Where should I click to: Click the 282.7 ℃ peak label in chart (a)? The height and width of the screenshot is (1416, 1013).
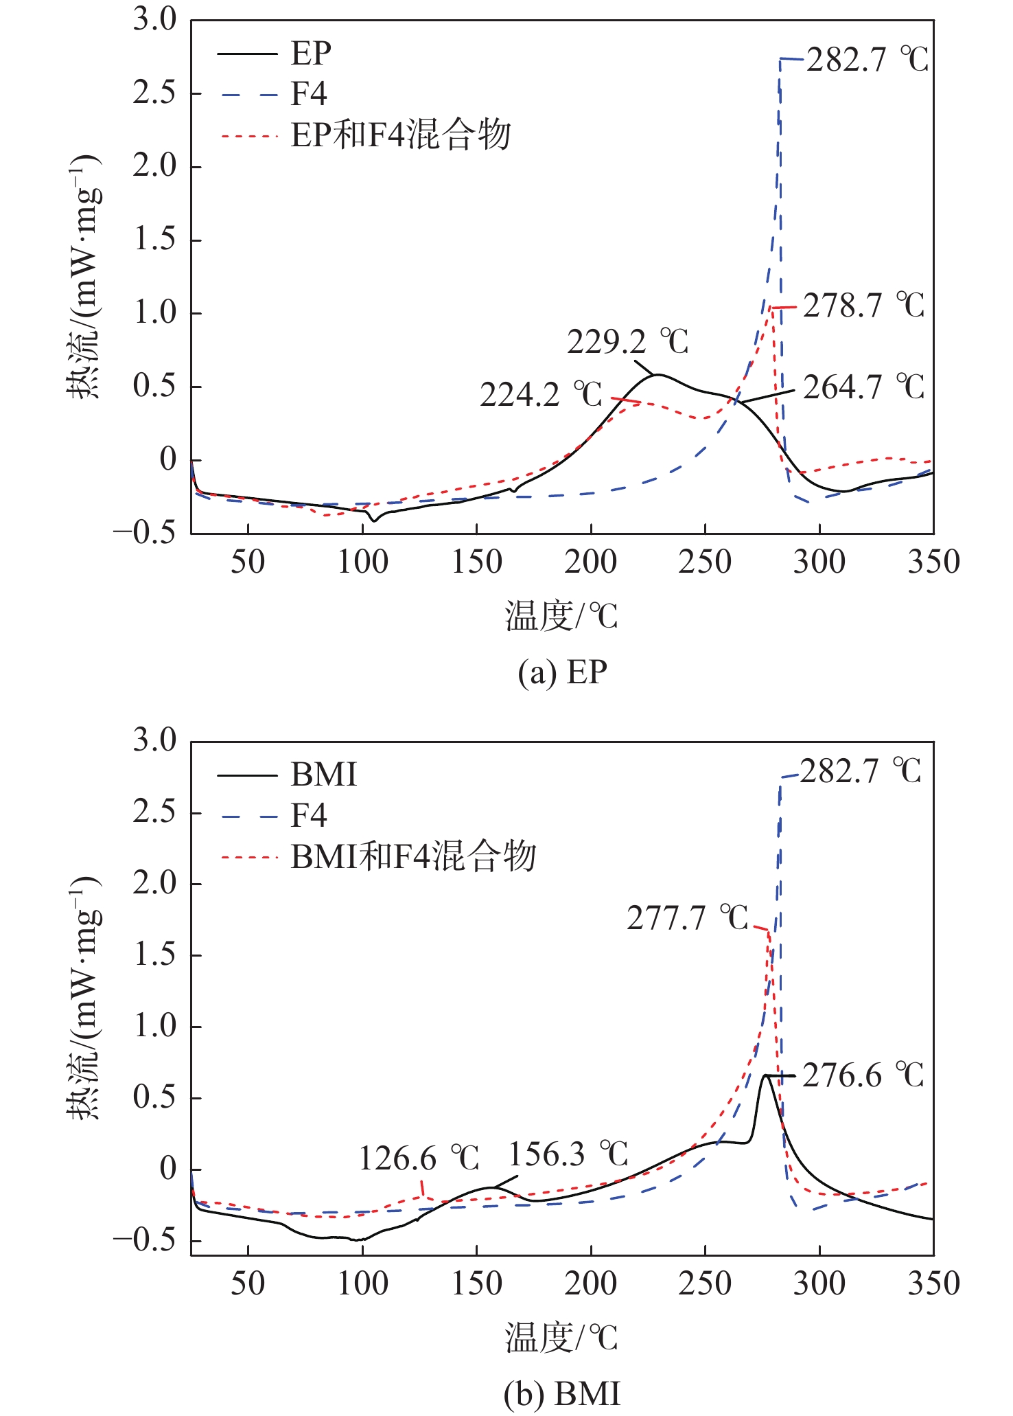coord(867,60)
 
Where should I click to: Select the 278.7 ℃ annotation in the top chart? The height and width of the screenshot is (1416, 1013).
coord(863,306)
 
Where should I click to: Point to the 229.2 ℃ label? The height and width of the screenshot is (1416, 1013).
coord(627,341)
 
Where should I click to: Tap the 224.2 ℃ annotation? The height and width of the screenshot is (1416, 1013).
coord(541,395)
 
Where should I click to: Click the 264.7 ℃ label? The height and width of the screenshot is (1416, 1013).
coord(863,388)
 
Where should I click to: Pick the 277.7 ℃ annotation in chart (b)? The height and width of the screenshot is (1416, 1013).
coord(687,917)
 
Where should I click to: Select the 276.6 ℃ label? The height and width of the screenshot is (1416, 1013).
coord(863,1075)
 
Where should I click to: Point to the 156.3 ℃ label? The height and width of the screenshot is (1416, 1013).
coord(568,1154)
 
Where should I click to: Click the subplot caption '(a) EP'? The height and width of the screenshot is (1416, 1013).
coord(562,672)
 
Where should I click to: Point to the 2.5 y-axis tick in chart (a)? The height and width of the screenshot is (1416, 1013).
coord(154,93)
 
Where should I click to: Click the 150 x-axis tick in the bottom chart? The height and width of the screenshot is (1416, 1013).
coord(476,1283)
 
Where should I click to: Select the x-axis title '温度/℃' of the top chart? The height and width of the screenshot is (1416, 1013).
coord(561,616)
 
